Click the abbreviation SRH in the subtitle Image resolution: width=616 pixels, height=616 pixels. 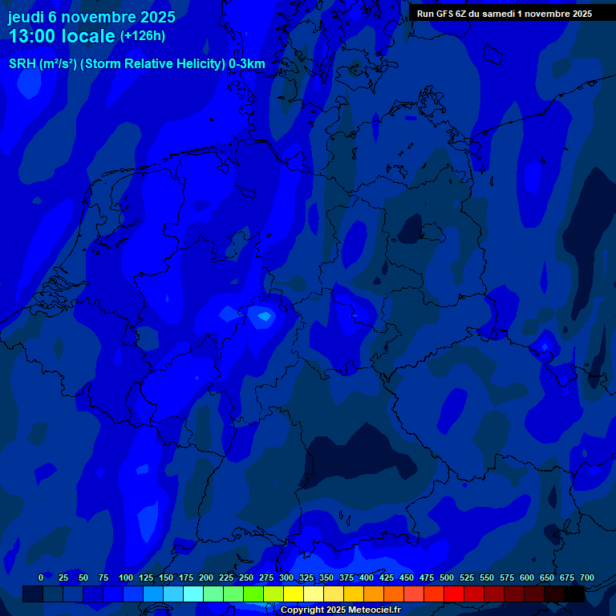(x=22, y=64)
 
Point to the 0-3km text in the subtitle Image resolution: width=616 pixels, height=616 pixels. (x=246, y=64)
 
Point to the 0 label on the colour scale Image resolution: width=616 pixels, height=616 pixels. (x=41, y=577)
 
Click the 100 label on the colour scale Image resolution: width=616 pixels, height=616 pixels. (x=126, y=577)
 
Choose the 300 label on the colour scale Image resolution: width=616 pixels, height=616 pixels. (x=286, y=577)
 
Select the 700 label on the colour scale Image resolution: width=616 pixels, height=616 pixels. (x=587, y=577)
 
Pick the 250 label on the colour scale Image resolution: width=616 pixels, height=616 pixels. (x=246, y=577)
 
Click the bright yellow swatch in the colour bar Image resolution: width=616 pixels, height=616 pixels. (x=294, y=594)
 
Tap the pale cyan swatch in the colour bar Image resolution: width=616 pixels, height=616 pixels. (x=193, y=594)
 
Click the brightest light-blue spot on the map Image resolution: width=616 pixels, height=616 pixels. (x=261, y=317)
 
